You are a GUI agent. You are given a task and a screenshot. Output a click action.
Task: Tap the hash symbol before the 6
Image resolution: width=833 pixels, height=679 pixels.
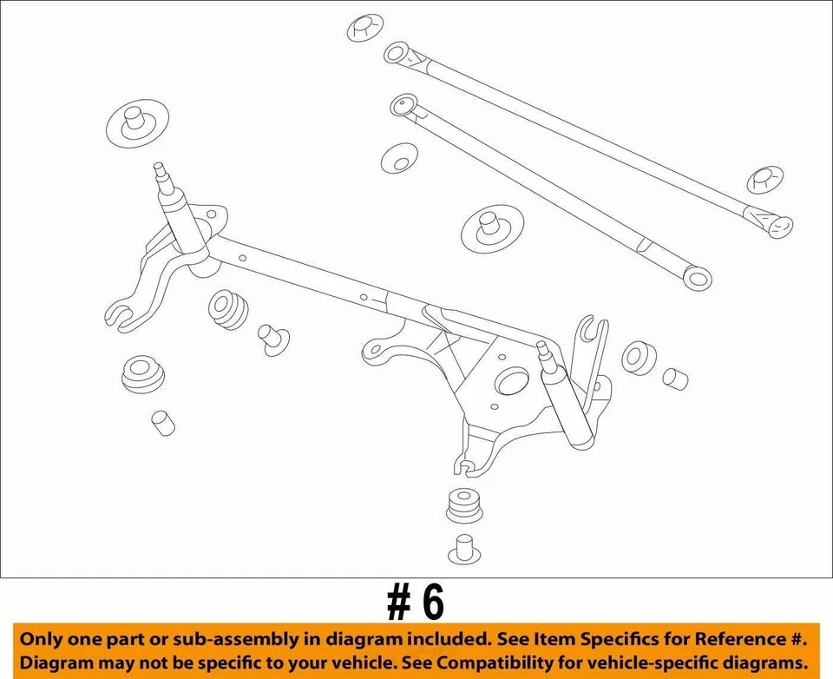[x=399, y=602]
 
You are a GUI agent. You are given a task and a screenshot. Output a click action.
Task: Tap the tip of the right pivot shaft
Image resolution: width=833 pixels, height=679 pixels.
[x=542, y=346]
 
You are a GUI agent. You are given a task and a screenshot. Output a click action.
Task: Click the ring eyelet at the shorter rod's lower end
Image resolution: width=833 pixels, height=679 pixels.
[x=697, y=278]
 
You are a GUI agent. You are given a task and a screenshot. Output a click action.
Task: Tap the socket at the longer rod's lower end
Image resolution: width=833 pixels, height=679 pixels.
[x=778, y=225]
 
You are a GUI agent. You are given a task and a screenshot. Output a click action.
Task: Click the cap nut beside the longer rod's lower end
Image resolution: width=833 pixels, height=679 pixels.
[x=764, y=181]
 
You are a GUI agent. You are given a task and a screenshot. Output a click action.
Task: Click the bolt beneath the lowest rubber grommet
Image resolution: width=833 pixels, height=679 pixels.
[x=463, y=549]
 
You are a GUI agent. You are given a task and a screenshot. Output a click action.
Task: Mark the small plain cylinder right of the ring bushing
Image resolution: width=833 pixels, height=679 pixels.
[x=675, y=378]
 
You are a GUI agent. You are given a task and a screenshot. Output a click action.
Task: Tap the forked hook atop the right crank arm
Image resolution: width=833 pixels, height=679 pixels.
[x=594, y=330]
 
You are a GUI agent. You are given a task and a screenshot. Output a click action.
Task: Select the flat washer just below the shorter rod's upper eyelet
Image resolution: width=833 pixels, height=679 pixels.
[x=399, y=158]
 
